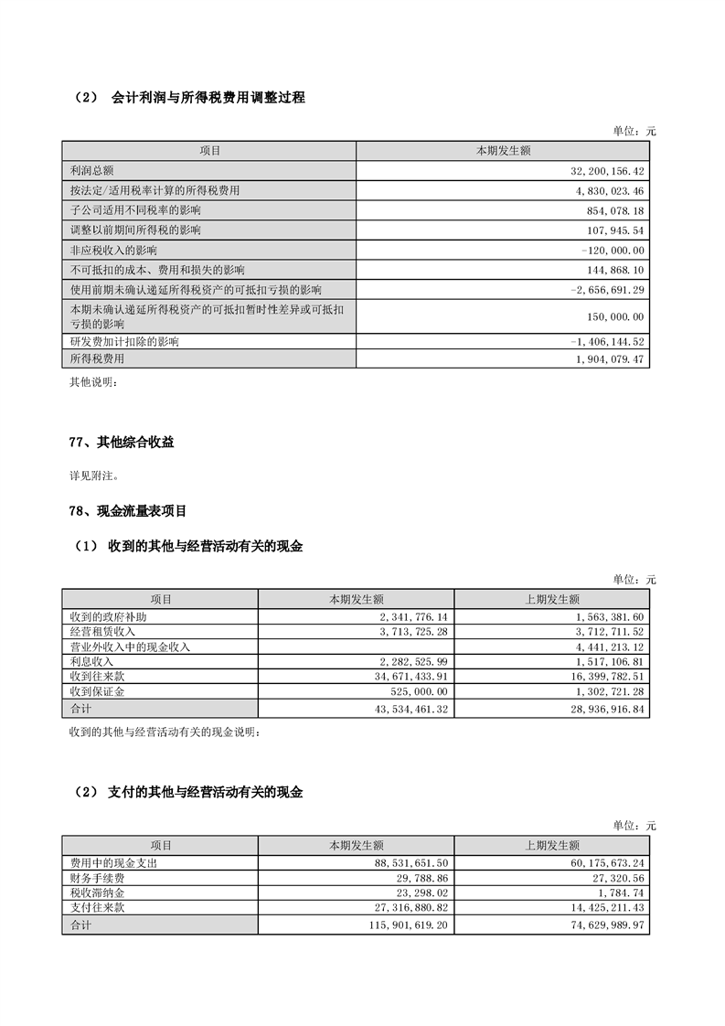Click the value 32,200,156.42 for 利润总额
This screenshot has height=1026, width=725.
tap(607, 171)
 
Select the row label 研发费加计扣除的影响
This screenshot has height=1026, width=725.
tap(124, 341)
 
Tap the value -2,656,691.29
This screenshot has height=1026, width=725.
tap(607, 289)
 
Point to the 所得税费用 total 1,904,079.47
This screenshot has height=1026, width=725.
tap(607, 359)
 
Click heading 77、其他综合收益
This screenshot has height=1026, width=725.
tap(122, 443)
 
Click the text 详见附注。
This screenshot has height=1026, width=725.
tap(93, 476)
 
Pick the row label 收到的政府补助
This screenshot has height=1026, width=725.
tap(101, 617)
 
